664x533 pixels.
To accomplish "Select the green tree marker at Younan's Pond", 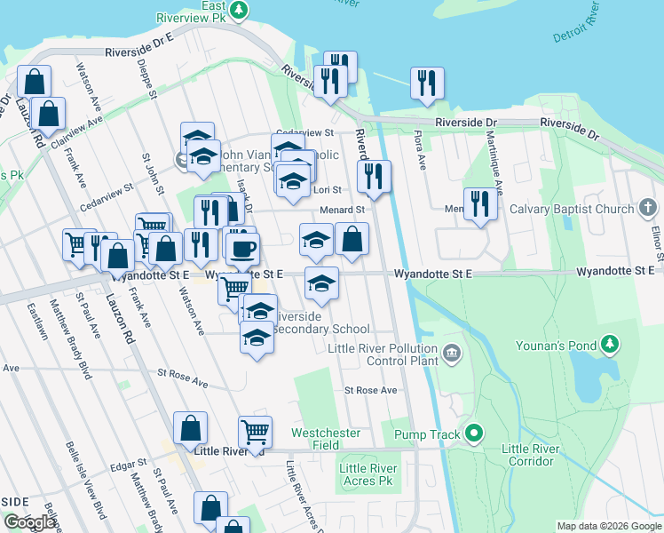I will click(x=609, y=343).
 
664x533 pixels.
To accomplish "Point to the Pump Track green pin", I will click(x=475, y=434).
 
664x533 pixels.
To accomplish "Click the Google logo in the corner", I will click(x=29, y=522).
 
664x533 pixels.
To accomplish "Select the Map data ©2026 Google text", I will click(x=608, y=526).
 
